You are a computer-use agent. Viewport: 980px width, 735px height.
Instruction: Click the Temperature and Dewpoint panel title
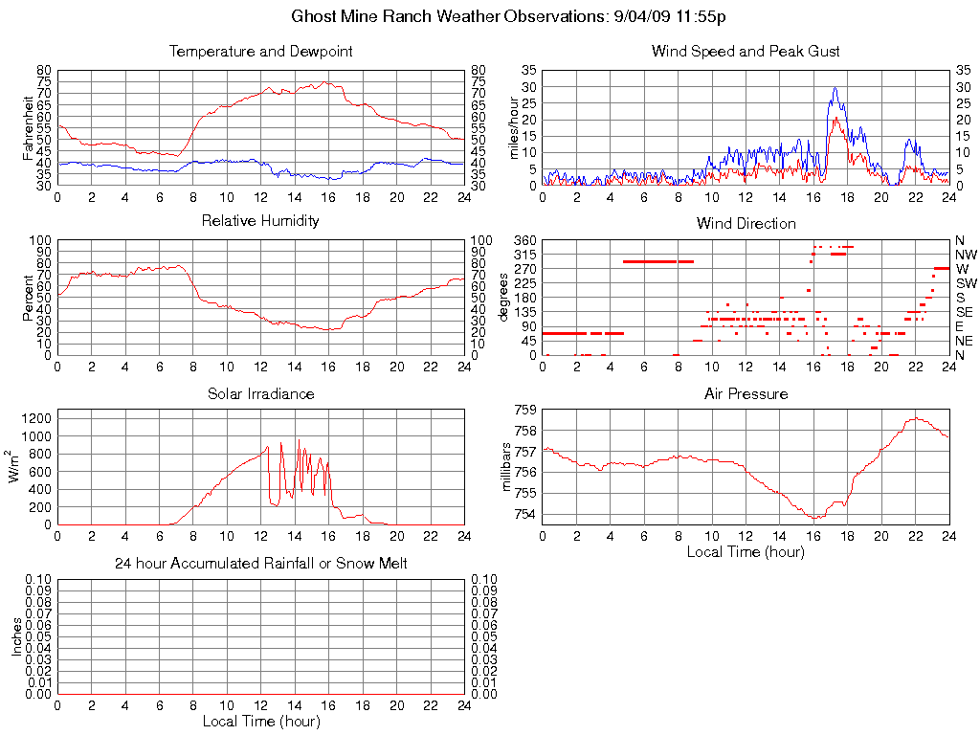[x=260, y=51]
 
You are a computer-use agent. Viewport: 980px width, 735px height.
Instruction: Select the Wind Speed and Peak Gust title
[x=746, y=51]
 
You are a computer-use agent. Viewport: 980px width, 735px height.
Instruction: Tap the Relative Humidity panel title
[x=260, y=221]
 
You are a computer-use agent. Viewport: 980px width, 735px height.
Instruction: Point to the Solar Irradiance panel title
[x=260, y=393]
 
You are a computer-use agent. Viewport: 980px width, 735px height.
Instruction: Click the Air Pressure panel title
[x=746, y=393]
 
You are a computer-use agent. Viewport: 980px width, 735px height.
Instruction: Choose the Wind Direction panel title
[x=746, y=223]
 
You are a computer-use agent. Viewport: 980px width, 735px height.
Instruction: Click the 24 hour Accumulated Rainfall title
[x=260, y=564]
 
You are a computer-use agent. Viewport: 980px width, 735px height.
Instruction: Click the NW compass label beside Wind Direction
[x=965, y=255]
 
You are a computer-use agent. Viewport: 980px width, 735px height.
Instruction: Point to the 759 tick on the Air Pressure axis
[x=524, y=410]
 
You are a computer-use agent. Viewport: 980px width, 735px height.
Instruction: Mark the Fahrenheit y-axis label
[x=29, y=127]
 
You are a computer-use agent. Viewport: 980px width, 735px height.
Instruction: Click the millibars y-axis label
[x=508, y=466]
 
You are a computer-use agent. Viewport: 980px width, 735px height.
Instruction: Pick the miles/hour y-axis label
[x=514, y=127]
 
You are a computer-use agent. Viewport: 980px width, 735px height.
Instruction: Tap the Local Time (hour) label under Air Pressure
[x=746, y=551]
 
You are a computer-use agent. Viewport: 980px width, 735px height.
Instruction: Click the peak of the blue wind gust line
[x=835, y=88]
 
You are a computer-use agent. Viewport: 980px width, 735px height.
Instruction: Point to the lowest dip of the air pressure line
[x=815, y=518]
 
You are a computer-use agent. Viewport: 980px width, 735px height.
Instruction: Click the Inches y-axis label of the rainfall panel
[x=16, y=636]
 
